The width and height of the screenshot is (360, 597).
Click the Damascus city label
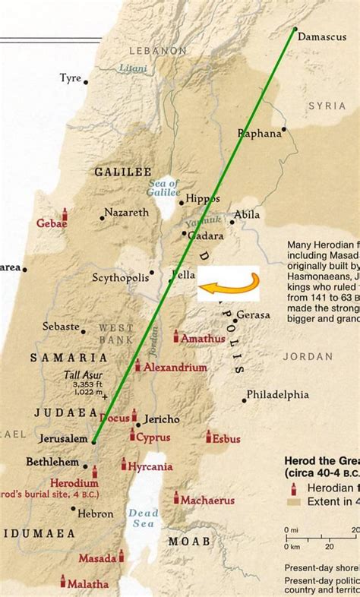point(321,36)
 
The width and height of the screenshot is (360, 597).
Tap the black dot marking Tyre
point(86,82)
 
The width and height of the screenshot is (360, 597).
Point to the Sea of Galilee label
point(163,188)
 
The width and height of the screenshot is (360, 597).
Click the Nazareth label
point(127,213)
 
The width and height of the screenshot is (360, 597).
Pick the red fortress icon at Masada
point(121,556)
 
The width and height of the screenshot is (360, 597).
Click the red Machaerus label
point(207,501)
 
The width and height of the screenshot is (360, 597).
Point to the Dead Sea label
point(143,520)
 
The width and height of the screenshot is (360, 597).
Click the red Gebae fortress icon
point(65,214)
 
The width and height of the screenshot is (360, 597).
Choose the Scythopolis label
point(119,278)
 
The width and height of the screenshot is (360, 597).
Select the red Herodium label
point(74,483)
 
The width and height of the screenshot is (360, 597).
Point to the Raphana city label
point(260,134)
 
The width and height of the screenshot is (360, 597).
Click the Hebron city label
point(95,514)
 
